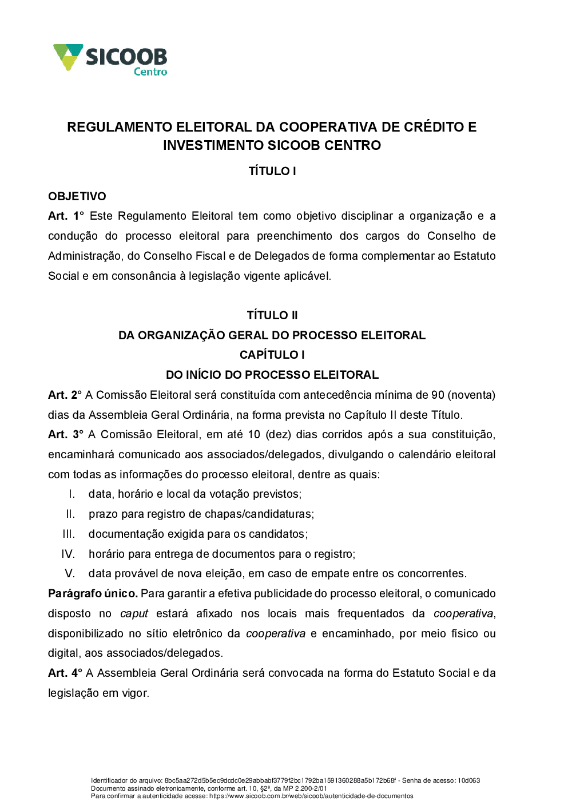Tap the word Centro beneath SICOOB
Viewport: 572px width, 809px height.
tap(150, 72)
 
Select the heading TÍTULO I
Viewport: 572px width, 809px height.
tap(272, 171)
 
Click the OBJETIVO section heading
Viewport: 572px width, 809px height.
tap(77, 196)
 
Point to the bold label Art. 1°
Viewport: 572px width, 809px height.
tap(66, 216)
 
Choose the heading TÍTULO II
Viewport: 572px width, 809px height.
tap(272, 315)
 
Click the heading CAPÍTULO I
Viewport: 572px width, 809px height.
tap(272, 355)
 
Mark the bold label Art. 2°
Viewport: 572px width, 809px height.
tap(65, 395)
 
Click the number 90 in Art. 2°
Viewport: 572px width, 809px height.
tap(438, 395)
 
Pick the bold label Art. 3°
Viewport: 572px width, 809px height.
tap(66, 434)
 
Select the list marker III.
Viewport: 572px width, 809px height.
tap(69, 534)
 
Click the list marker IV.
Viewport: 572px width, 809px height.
tap(68, 554)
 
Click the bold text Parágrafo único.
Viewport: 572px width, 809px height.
tap(93, 593)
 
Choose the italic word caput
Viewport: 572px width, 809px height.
tap(134, 613)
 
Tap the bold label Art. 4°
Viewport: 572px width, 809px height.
tap(65, 673)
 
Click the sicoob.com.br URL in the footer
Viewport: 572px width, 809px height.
tap(311, 796)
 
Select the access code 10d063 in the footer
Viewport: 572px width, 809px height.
tap(468, 780)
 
